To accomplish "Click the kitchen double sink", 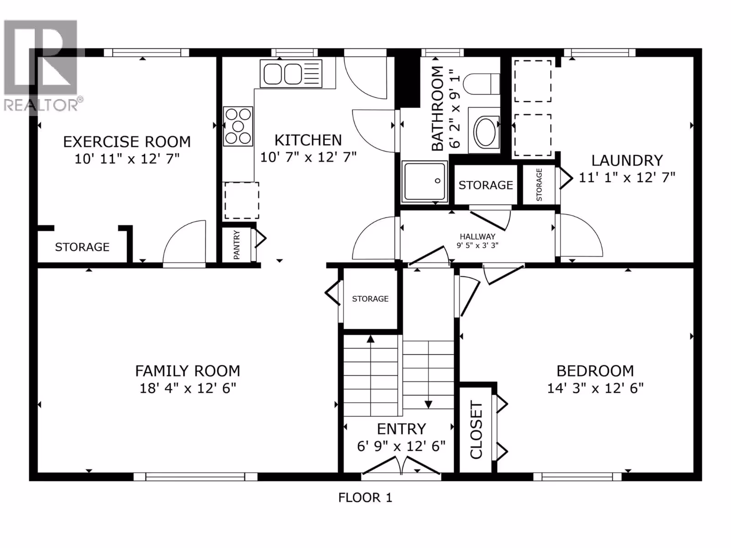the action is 291,74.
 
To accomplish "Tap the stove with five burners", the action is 238,126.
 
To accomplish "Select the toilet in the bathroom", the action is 482,84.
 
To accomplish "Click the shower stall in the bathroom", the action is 424,182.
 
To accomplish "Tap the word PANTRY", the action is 237,245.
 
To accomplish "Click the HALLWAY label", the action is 477,237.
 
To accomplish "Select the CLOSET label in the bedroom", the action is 476,430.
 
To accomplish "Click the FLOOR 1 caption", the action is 365,498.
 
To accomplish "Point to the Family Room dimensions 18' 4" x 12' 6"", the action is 187,388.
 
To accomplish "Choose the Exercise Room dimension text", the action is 127,159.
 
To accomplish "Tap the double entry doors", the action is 401,465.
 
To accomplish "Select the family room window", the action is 196,477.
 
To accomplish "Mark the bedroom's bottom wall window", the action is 577,477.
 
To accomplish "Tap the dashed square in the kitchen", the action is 241,200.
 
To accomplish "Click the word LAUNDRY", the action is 627,161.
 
